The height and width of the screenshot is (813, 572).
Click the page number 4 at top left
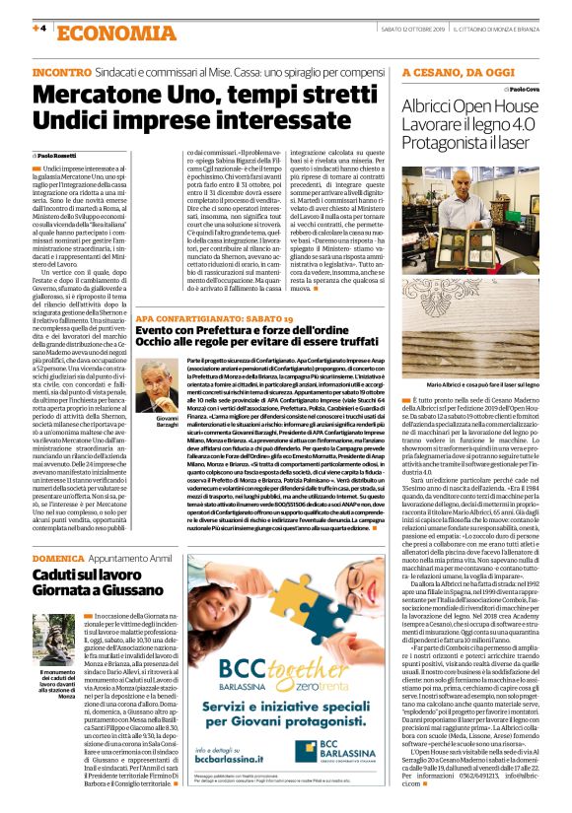pos(40,28)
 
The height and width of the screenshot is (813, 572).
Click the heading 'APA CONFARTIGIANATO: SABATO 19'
pos(214,321)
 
